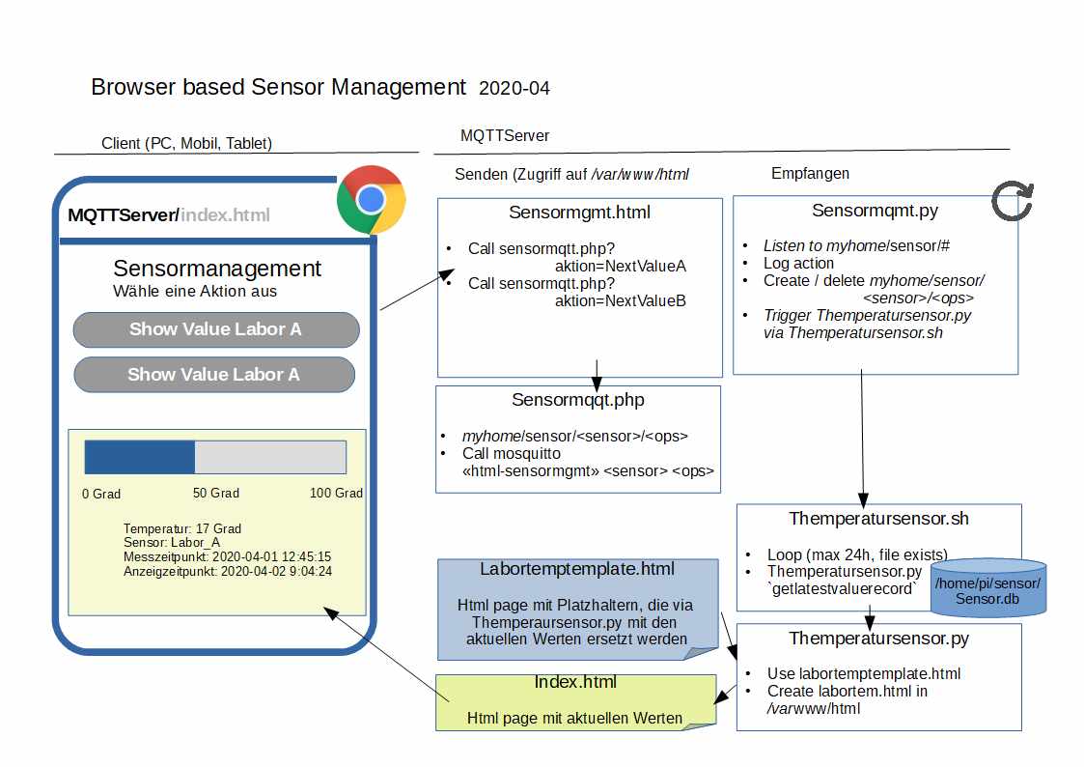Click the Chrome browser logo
[370, 200]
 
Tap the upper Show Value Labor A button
[215, 329]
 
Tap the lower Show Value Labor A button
[213, 375]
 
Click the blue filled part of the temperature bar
[140, 458]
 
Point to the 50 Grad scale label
[216, 494]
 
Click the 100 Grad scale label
[336, 494]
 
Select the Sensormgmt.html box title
[579, 213]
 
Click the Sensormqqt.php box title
[578, 400]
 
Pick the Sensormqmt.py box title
[875, 211]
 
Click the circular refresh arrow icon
[1013, 201]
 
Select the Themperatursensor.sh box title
[878, 519]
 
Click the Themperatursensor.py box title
[878, 639]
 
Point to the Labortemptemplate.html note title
[577, 569]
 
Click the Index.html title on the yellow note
[575, 683]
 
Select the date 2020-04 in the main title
[514, 89]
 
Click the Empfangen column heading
[811, 174]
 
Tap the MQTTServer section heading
[505, 136]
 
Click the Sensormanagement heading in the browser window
[217, 269]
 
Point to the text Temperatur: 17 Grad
[182, 528]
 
